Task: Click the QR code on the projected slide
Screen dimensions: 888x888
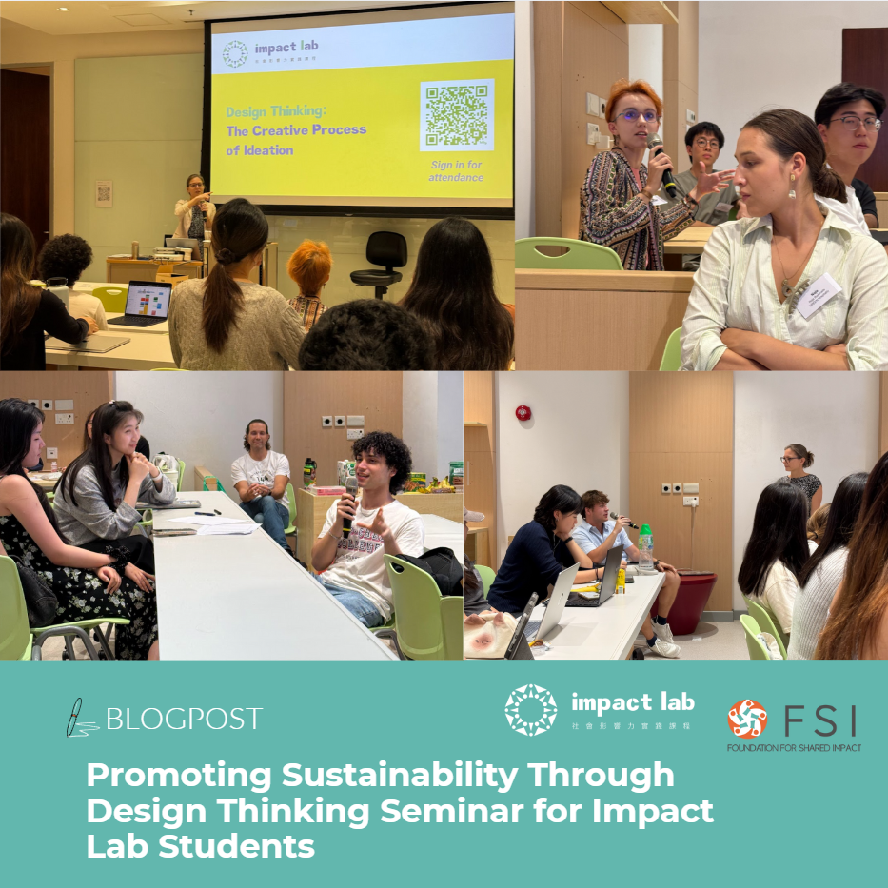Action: click(457, 115)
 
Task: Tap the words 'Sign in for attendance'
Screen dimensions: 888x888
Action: click(456, 170)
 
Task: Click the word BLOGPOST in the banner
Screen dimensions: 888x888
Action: click(184, 719)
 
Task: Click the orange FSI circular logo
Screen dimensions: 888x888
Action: click(747, 719)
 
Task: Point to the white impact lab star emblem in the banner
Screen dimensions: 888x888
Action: click(530, 710)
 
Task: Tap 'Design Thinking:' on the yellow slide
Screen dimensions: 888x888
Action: click(267, 111)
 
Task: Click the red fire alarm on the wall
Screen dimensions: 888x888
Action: click(522, 412)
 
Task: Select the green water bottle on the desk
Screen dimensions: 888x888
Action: click(646, 548)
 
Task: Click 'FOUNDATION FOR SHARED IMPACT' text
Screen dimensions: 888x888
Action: click(794, 748)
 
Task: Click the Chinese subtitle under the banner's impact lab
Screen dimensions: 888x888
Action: click(632, 726)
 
